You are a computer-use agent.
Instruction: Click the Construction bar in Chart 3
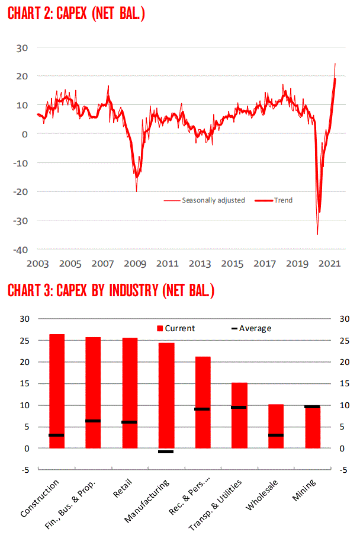point(57,391)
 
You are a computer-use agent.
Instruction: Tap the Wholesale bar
point(276,426)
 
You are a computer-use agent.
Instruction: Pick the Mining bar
point(312,427)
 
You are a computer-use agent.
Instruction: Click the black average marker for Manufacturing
point(166,452)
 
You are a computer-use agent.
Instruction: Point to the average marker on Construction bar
point(57,435)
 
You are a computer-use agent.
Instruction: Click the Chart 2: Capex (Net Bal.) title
point(76,13)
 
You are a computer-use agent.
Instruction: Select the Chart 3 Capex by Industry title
point(110,290)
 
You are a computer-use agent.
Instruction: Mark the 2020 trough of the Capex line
point(318,233)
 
